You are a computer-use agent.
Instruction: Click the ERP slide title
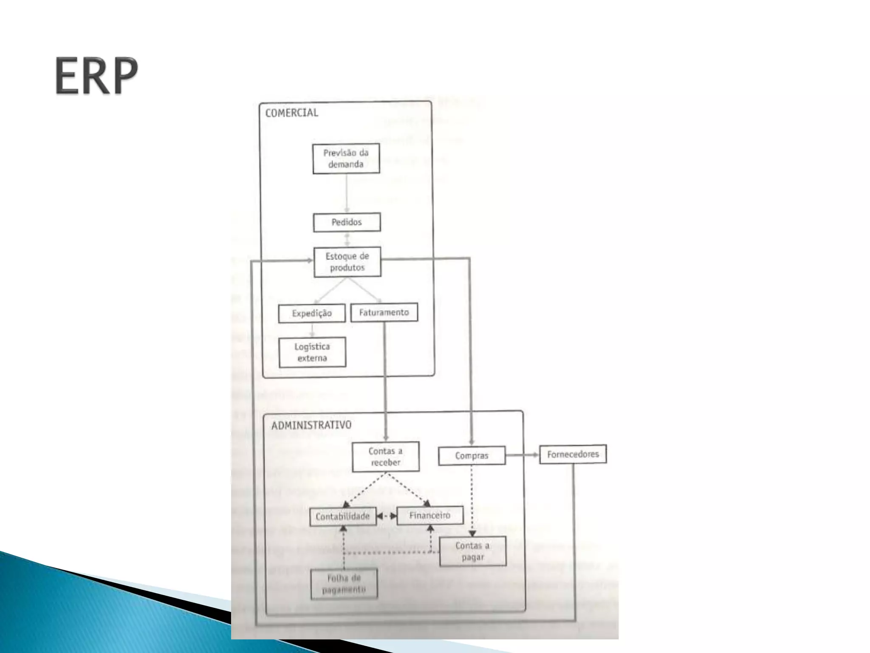pyautogui.click(x=96, y=76)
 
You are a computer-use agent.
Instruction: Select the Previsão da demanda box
pyautogui.click(x=346, y=159)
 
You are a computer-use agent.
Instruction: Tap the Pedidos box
pyautogui.click(x=347, y=222)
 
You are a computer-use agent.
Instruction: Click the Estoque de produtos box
pyautogui.click(x=347, y=262)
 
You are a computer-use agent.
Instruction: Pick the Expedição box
pyautogui.click(x=312, y=313)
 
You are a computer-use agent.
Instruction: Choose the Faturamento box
pyautogui.click(x=384, y=312)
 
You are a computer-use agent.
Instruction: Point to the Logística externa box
pyautogui.click(x=312, y=352)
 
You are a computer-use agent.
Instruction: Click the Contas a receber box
pyautogui.click(x=385, y=457)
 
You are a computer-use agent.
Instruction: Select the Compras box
pyautogui.click(x=472, y=456)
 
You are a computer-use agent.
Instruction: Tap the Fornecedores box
pyautogui.click(x=573, y=454)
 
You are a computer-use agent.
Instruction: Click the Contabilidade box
pyautogui.click(x=343, y=517)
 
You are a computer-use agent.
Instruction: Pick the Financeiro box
pyautogui.click(x=429, y=516)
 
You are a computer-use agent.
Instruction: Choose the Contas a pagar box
pyautogui.click(x=472, y=551)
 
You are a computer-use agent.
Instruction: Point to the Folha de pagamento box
pyautogui.click(x=344, y=584)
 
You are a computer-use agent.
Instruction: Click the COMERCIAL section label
pyautogui.click(x=291, y=113)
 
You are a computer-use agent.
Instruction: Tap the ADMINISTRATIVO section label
pyautogui.click(x=311, y=425)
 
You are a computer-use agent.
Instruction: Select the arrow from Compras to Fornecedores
pyautogui.click(x=522, y=455)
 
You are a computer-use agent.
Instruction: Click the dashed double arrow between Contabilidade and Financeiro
pyautogui.click(x=387, y=516)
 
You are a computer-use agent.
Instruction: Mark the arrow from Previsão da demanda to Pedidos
pyautogui.click(x=347, y=193)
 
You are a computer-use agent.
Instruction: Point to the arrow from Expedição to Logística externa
pyautogui.click(x=312, y=330)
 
